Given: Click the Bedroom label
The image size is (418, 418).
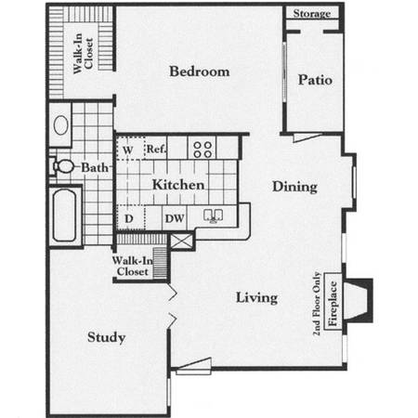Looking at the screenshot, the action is pyautogui.click(x=200, y=72).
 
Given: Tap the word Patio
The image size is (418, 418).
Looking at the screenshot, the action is pyautogui.click(x=315, y=80).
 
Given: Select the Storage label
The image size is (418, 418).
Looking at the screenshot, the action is pyautogui.click(x=312, y=14).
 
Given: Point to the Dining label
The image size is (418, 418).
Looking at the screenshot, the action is pyautogui.click(x=294, y=187).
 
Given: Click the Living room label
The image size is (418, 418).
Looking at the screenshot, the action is pyautogui.click(x=256, y=298).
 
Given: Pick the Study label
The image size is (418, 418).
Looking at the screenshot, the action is pyautogui.click(x=106, y=337).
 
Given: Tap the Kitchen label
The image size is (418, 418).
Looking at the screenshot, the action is pyautogui.click(x=178, y=185).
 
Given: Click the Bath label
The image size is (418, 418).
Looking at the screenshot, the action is pyautogui.click(x=95, y=168).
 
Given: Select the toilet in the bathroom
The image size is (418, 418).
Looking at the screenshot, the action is pyautogui.click(x=62, y=166).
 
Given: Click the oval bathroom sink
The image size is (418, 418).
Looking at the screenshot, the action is pyautogui.click(x=60, y=125).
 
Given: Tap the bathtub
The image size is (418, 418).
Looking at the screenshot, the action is pyautogui.click(x=65, y=216).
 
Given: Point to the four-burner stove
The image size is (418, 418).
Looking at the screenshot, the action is pyautogui.click(x=202, y=150).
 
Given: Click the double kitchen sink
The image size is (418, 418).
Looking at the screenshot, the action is pyautogui.click(x=213, y=216).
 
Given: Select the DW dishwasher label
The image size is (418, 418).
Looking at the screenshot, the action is pyautogui.click(x=175, y=218).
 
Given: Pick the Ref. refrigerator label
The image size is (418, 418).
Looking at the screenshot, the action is pyautogui.click(x=156, y=149).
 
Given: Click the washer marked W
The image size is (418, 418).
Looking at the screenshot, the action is pyautogui.click(x=130, y=149).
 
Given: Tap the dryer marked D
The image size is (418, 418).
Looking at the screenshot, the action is pyautogui.click(x=130, y=217).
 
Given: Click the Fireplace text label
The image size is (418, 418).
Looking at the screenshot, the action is pyautogui.click(x=333, y=303).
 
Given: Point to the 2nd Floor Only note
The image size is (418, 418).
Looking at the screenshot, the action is pyautogui.click(x=317, y=304).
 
